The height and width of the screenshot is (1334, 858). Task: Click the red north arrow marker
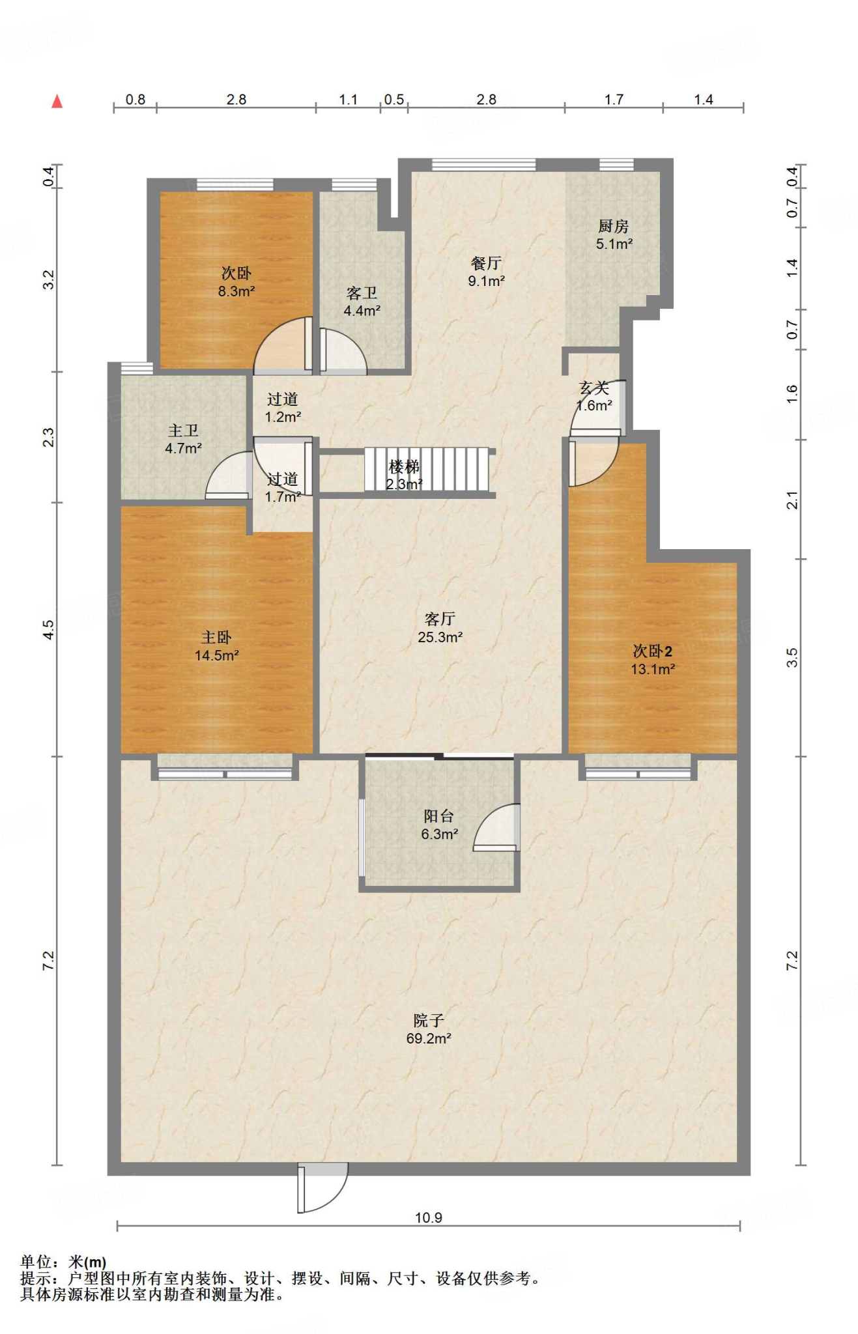pos(57,101)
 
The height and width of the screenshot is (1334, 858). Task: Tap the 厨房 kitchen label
pos(614,234)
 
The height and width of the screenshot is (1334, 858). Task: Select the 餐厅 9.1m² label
pos(486,272)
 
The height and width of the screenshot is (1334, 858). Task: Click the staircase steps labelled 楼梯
pos(427,469)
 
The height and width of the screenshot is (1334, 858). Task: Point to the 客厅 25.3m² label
pos(440,627)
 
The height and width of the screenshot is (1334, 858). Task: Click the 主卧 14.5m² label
pos(216,646)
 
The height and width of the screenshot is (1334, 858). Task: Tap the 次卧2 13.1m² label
pos(652,659)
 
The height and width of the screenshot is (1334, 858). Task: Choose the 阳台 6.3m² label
pos(439,825)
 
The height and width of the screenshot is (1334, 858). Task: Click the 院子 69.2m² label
pos(429,1029)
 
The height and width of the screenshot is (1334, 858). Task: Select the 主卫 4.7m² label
pos(183,439)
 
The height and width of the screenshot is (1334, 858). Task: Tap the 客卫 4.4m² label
pos(362,302)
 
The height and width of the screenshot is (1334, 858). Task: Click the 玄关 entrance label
pos(594,397)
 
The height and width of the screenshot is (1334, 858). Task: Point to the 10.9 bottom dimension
pos(429,1217)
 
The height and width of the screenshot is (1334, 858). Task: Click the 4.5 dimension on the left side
pos(48,629)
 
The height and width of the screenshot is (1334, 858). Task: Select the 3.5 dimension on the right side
pos(792,657)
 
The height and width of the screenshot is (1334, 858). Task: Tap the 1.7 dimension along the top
pos(614,100)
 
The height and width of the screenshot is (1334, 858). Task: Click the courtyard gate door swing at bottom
pos(322,1188)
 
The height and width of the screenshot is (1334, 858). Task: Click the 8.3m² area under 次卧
pos(236,291)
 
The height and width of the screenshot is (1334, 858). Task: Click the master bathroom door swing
pos(229,475)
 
